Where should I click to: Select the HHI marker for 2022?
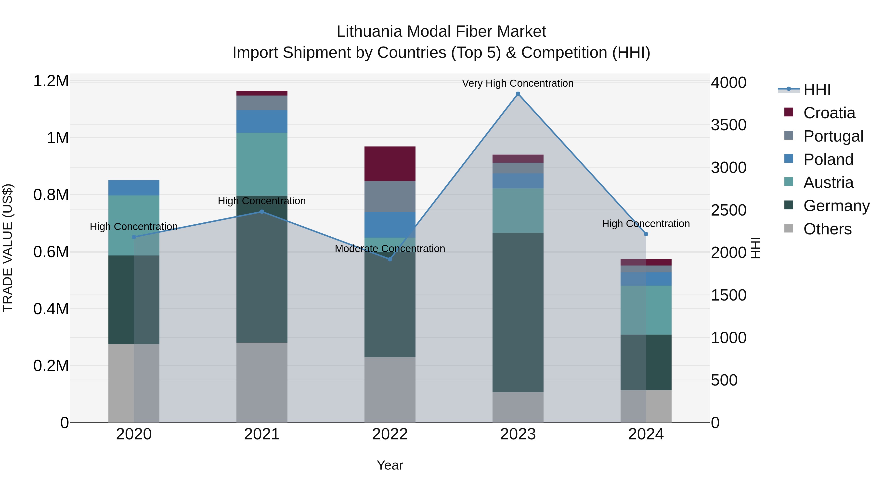coord(390,259)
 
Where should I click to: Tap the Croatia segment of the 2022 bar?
coord(390,164)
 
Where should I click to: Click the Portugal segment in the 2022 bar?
coord(390,196)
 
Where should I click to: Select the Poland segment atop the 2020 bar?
coord(134,188)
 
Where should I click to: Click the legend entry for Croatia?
coord(829,113)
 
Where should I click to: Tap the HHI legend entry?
coord(817,90)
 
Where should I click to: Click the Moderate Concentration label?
coord(390,249)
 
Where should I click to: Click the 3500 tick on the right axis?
coord(728,125)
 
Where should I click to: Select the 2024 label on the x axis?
coord(646,434)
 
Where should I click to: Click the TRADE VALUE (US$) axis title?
coord(8,248)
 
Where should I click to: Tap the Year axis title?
coord(390,465)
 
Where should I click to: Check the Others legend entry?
coord(827,229)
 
